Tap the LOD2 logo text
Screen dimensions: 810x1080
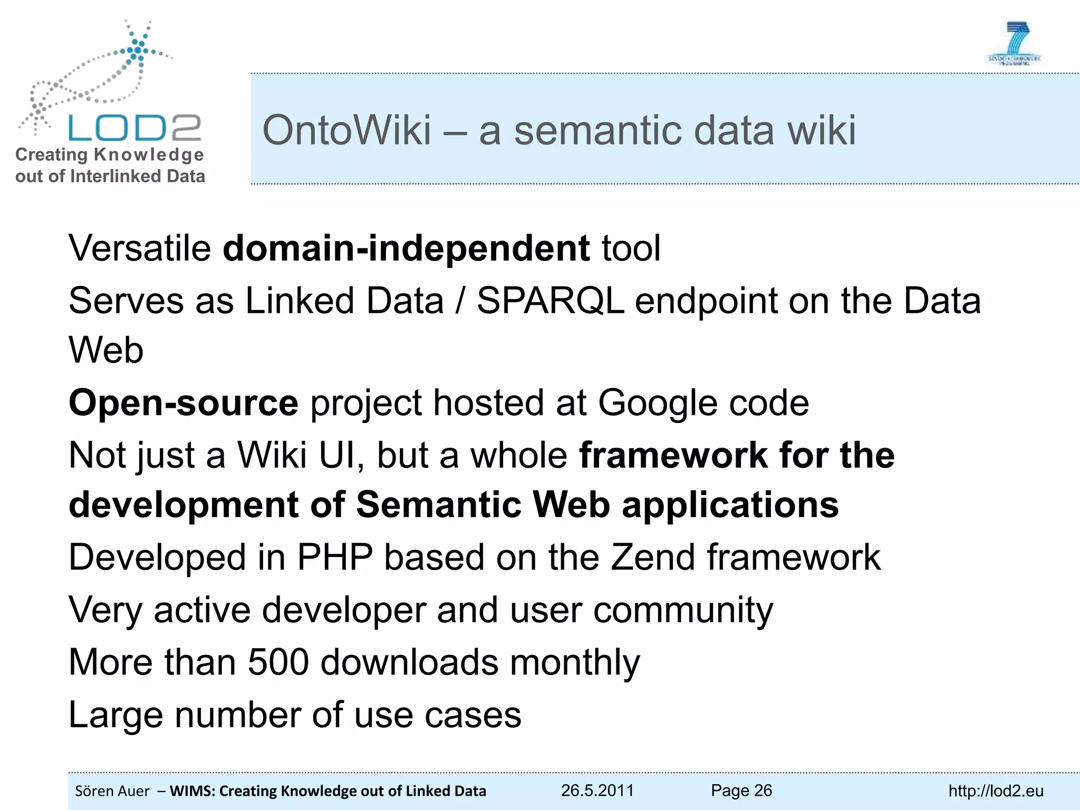[134, 128]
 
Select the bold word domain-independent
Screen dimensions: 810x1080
[406, 248]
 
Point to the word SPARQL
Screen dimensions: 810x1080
[551, 301]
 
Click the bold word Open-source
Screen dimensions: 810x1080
[184, 403]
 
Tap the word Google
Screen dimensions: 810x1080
[657, 403]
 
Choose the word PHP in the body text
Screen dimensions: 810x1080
[335, 557]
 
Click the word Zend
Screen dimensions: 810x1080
[653, 557]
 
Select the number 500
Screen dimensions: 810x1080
[278, 662]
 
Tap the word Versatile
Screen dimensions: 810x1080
[140, 248]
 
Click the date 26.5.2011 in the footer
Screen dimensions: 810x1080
[597, 790]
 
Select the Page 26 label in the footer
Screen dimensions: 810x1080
[741, 790]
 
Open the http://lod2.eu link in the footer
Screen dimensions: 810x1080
[996, 791]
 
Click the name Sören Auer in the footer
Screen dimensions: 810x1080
[112, 791]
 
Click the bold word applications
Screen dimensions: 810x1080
[730, 505]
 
